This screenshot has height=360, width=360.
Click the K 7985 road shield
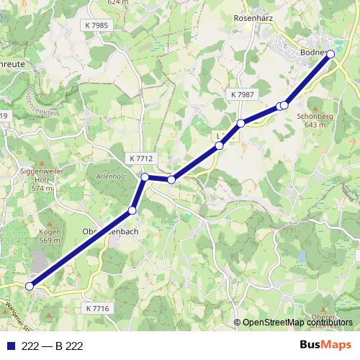(96, 25)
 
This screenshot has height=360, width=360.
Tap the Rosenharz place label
(252, 17)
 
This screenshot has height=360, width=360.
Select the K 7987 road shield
(243, 94)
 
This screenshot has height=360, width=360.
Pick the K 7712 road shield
(141, 158)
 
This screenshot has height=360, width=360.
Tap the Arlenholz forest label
(111, 175)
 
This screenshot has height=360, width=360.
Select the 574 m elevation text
(42, 188)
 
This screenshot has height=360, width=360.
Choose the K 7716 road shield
(96, 308)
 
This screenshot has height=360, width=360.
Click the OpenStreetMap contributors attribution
(298, 323)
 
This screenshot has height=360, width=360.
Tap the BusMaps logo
(325, 345)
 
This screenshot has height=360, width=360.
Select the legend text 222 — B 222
(53, 346)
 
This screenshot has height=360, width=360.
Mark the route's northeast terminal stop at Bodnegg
(331, 54)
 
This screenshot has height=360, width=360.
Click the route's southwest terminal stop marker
(30, 286)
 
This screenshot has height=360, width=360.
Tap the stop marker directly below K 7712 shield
(145, 176)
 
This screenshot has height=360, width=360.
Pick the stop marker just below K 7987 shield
(241, 123)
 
